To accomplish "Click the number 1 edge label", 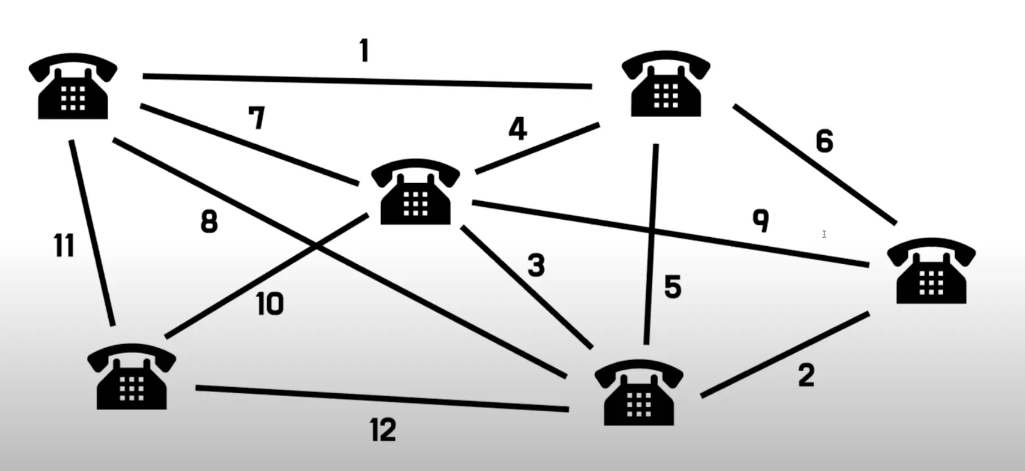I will coord(364,51).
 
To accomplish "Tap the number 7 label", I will coord(257,118).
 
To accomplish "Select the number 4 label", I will coord(518,128).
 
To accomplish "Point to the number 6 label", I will coord(824,141).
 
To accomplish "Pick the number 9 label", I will coord(761,220).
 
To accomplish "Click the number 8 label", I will coord(209,221).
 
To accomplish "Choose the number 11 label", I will coord(64,246).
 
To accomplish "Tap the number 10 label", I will coord(269,304).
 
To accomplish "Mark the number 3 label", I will coord(536,265).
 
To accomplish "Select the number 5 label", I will coord(673,287).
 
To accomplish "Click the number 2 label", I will coord(806,375).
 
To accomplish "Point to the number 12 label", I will coord(383,430).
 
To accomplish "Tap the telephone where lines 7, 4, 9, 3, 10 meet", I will coord(416,192).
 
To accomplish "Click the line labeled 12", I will coord(382,398).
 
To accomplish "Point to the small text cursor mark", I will coord(824,234).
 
